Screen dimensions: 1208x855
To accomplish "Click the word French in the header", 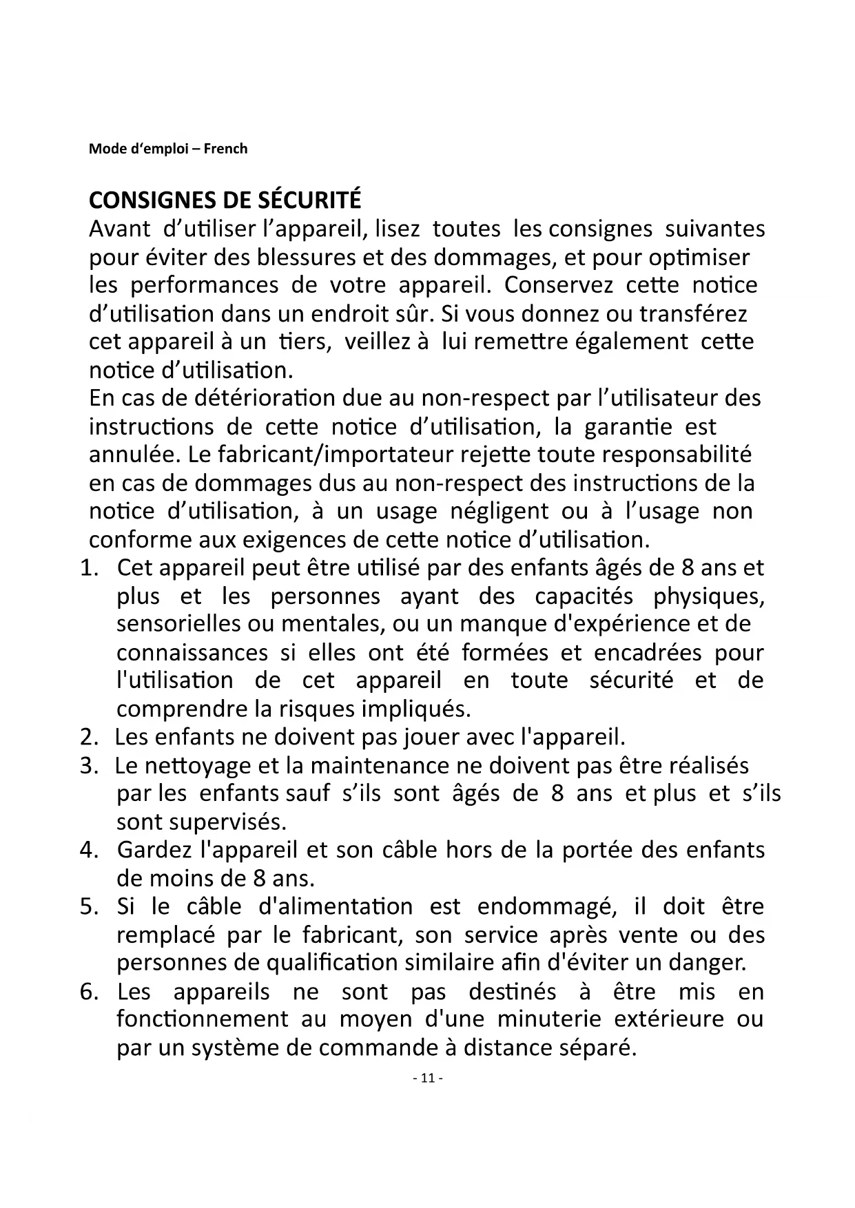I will click(225, 149).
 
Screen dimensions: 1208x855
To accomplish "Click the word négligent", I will click(499, 512).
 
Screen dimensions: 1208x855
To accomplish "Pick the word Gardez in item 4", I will click(154, 851).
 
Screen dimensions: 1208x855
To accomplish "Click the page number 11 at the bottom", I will click(427, 1079).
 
